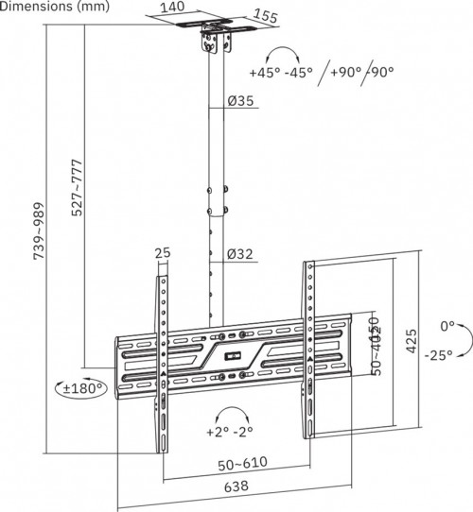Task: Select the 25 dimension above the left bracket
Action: (x=162, y=254)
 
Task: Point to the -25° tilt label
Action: (x=437, y=354)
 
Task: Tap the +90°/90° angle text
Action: (x=361, y=72)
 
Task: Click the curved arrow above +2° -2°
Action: (x=230, y=413)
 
